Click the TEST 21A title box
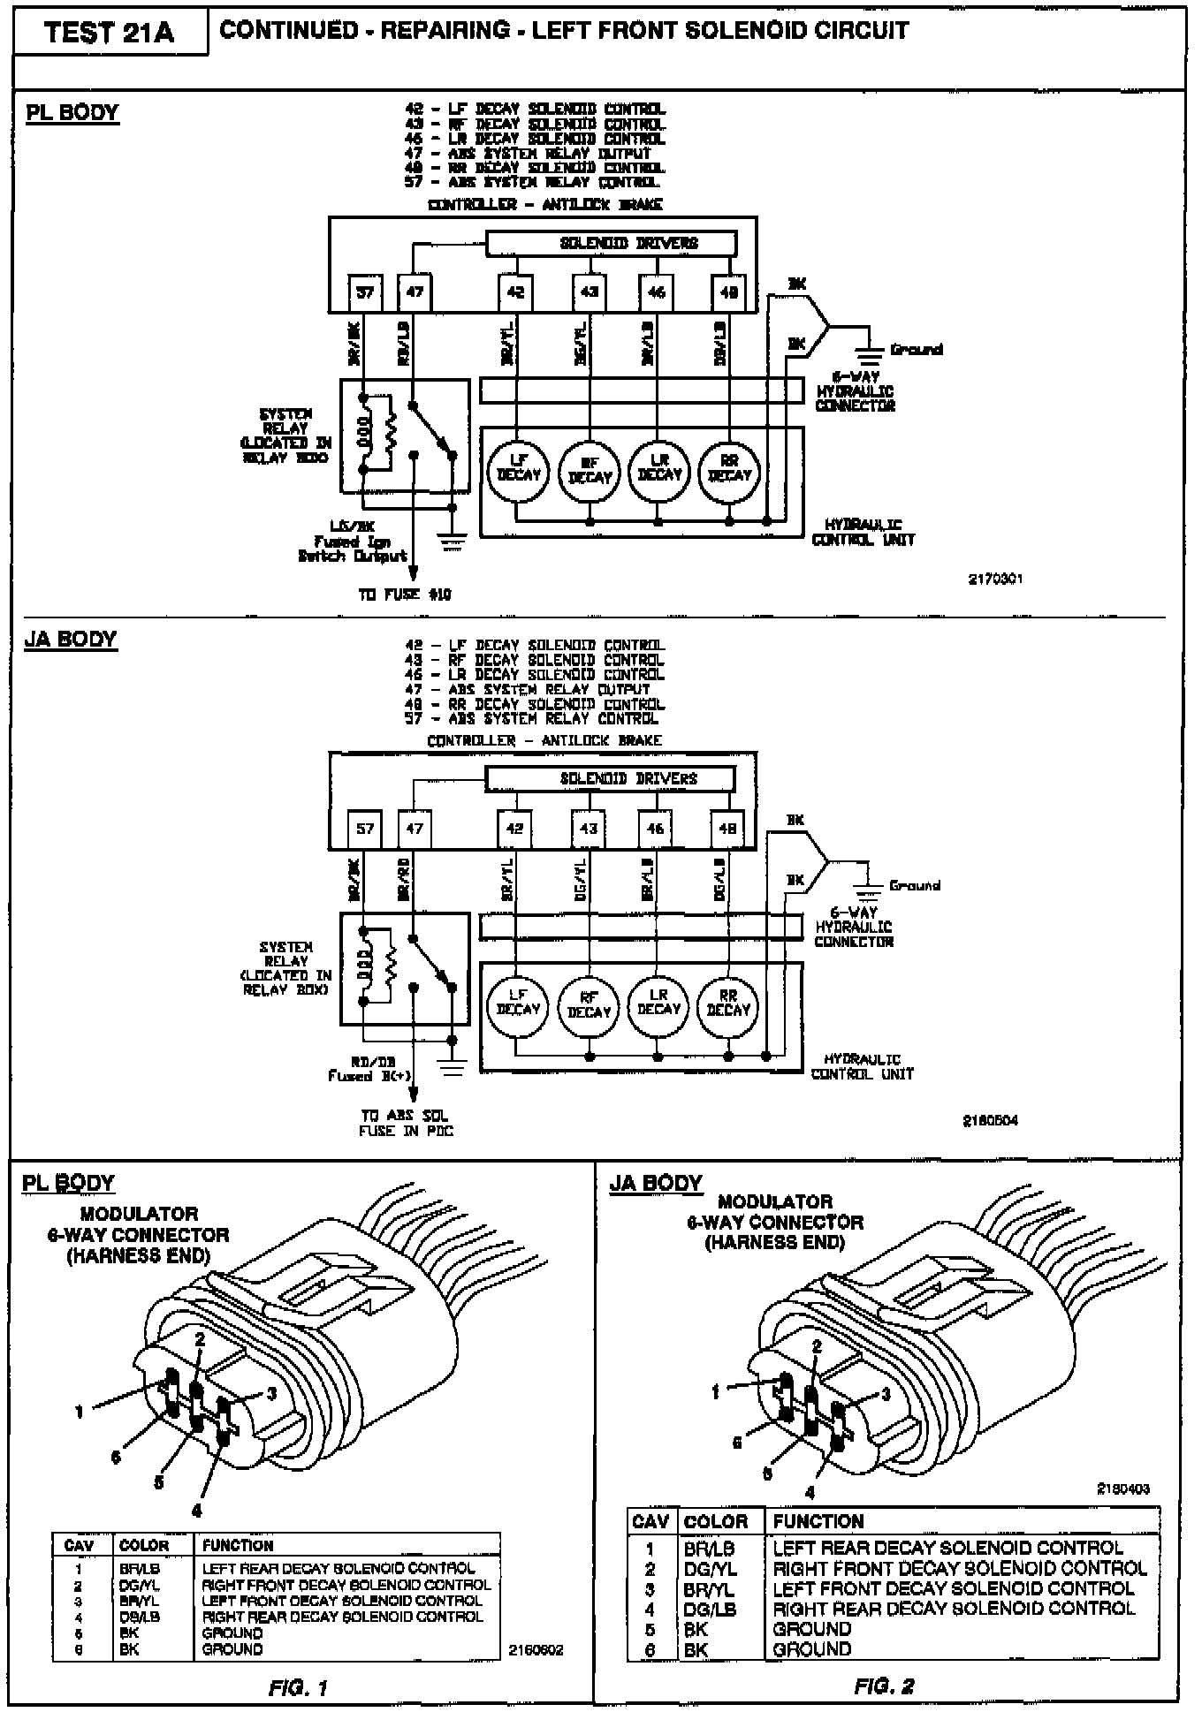110,34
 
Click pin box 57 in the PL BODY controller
364,292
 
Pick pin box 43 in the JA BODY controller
588,829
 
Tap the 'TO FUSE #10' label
404,595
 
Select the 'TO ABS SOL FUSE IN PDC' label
405,1123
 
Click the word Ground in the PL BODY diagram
916,350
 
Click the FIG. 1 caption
298,1688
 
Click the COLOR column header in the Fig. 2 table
715,1521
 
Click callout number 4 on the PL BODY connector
197,1511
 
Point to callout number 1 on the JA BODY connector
716,1392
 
